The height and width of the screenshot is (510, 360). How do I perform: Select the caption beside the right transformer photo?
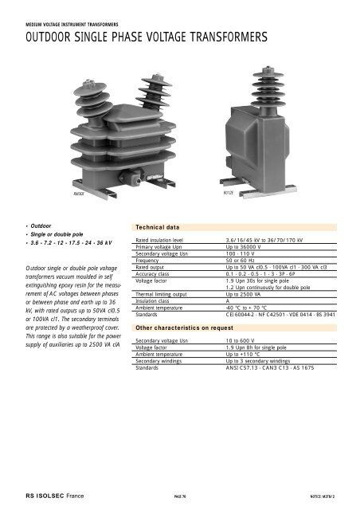[228, 192]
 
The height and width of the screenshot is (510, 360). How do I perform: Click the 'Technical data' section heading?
[161, 226]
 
